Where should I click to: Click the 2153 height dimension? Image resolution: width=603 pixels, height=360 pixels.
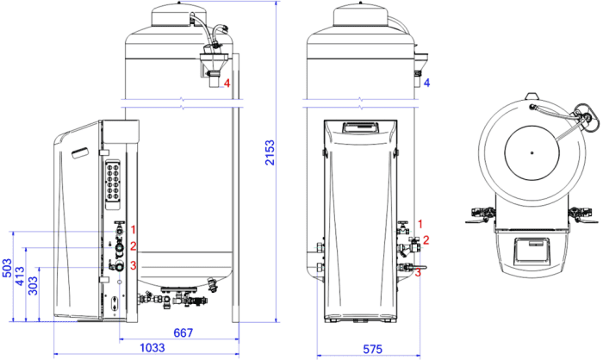[x=270, y=152]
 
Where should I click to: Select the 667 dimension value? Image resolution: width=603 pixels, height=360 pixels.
[x=183, y=332]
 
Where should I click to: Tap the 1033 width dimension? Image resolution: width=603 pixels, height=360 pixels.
[x=152, y=348]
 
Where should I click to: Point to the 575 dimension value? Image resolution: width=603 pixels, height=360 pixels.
[x=373, y=349]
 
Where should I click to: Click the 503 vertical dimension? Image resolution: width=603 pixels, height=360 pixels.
[x=7, y=268]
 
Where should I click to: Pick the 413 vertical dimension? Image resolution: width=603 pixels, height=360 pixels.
[x=20, y=276]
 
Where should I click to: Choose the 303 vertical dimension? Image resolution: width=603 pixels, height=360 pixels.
[x=33, y=285]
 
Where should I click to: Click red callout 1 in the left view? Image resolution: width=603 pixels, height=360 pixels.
[x=133, y=230]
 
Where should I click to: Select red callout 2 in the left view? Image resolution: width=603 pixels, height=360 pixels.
[x=133, y=246]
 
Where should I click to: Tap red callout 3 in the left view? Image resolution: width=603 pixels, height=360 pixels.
[x=133, y=265]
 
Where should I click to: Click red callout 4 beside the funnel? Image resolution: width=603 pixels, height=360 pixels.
[x=227, y=83]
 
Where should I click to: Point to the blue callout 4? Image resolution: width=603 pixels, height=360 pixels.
[x=426, y=83]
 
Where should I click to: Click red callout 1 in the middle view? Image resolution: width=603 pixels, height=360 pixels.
[x=420, y=224]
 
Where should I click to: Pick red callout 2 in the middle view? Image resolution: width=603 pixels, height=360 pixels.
[x=426, y=240]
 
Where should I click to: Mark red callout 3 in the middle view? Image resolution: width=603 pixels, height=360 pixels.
[x=418, y=273]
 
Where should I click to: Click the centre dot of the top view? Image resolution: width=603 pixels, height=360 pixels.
[x=532, y=152]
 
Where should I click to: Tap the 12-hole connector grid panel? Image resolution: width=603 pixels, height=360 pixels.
[x=115, y=181]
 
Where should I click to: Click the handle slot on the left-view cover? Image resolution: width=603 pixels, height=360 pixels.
[x=80, y=152]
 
